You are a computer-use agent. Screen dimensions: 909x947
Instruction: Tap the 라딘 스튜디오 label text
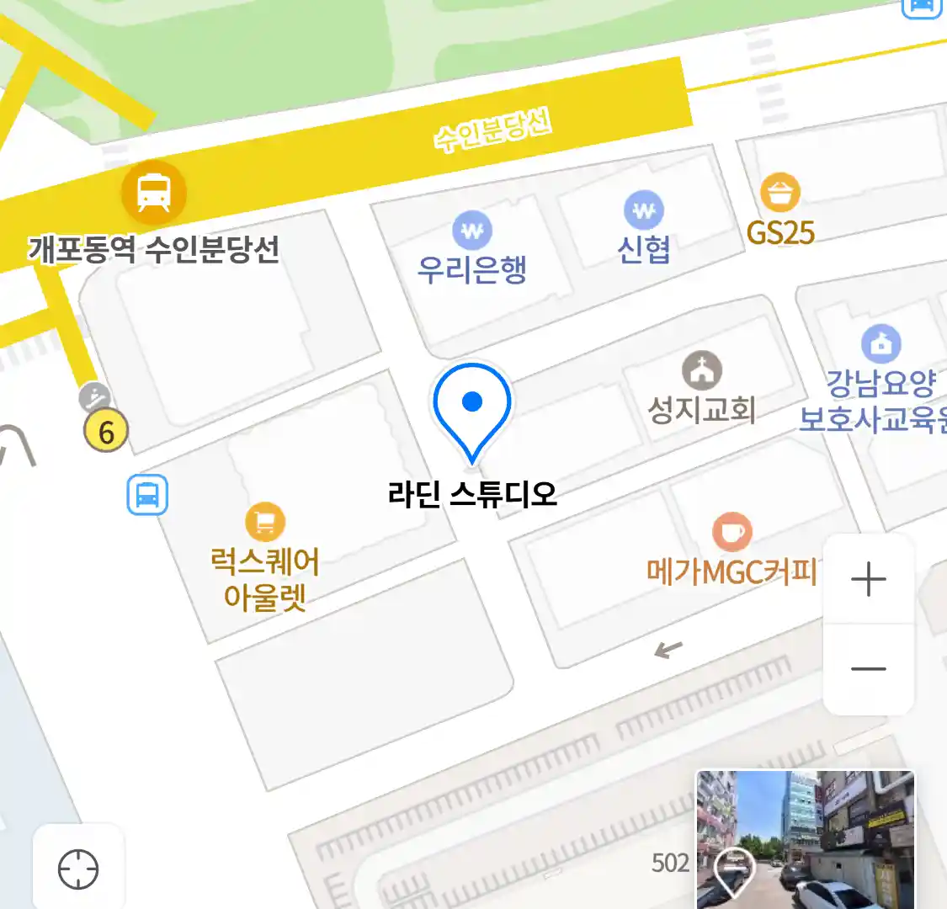pyautogui.click(x=472, y=494)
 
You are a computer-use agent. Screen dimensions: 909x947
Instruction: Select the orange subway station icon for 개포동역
pyautogui.click(x=153, y=192)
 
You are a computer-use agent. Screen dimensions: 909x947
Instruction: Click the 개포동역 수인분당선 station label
pyautogui.click(x=154, y=249)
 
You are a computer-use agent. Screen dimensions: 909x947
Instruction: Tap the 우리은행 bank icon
pyautogui.click(x=472, y=230)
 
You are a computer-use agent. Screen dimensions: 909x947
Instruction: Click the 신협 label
pyautogui.click(x=644, y=249)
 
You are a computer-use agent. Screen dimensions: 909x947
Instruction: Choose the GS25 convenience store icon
pyautogui.click(x=780, y=193)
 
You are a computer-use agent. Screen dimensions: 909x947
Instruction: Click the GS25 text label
pyautogui.click(x=780, y=232)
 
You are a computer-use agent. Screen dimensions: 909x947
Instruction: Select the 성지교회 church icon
pyautogui.click(x=702, y=370)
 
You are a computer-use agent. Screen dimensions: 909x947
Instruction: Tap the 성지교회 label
pyautogui.click(x=701, y=410)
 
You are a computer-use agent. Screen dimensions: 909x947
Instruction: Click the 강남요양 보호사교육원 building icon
pyautogui.click(x=880, y=343)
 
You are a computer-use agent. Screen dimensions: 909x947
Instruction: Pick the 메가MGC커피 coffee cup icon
pyautogui.click(x=732, y=532)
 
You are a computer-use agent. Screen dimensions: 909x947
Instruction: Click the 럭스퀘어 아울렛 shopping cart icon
pyautogui.click(x=265, y=523)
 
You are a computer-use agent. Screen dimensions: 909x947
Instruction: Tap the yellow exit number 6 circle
pyautogui.click(x=106, y=432)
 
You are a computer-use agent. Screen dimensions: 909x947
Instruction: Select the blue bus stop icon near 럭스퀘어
pyautogui.click(x=147, y=495)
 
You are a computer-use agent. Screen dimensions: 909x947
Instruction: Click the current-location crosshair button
pyautogui.click(x=78, y=869)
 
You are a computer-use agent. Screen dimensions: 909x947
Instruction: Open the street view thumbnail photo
pyautogui.click(x=805, y=839)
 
